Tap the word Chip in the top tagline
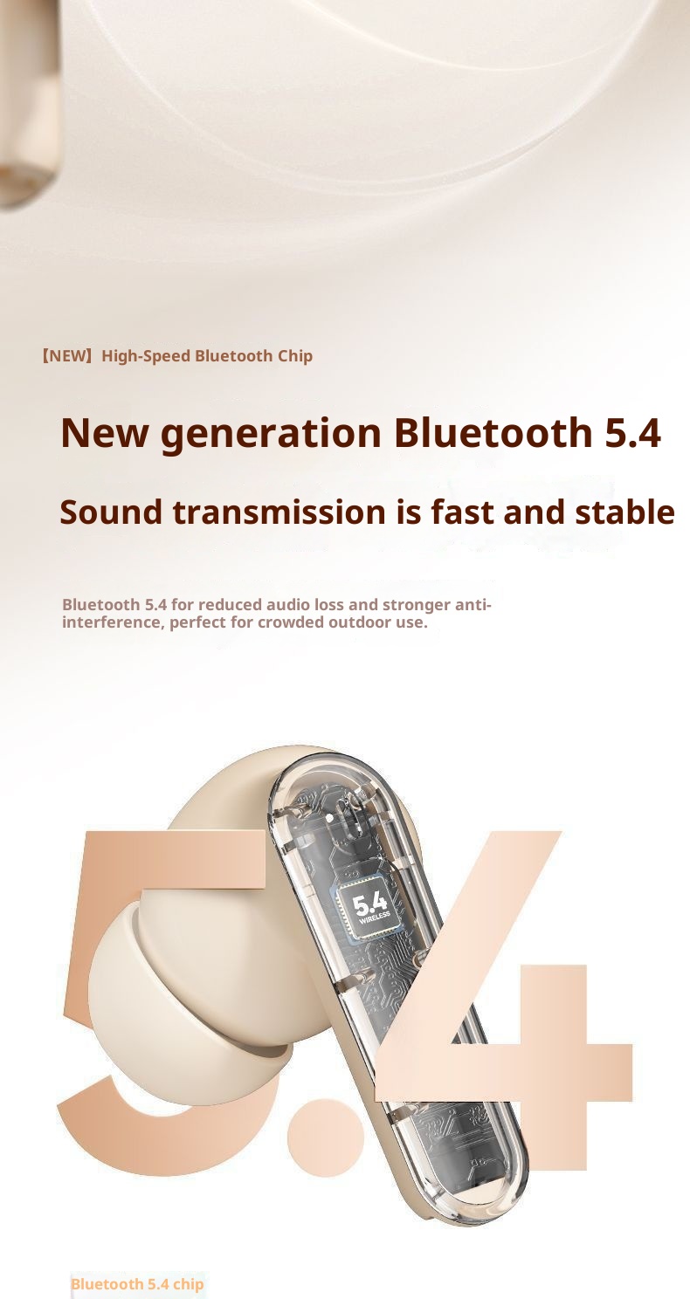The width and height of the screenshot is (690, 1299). pyautogui.click(x=294, y=356)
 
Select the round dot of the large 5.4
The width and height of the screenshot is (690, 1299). pyautogui.click(x=325, y=1137)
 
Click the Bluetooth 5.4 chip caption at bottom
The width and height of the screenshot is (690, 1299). pyautogui.click(x=137, y=1284)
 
